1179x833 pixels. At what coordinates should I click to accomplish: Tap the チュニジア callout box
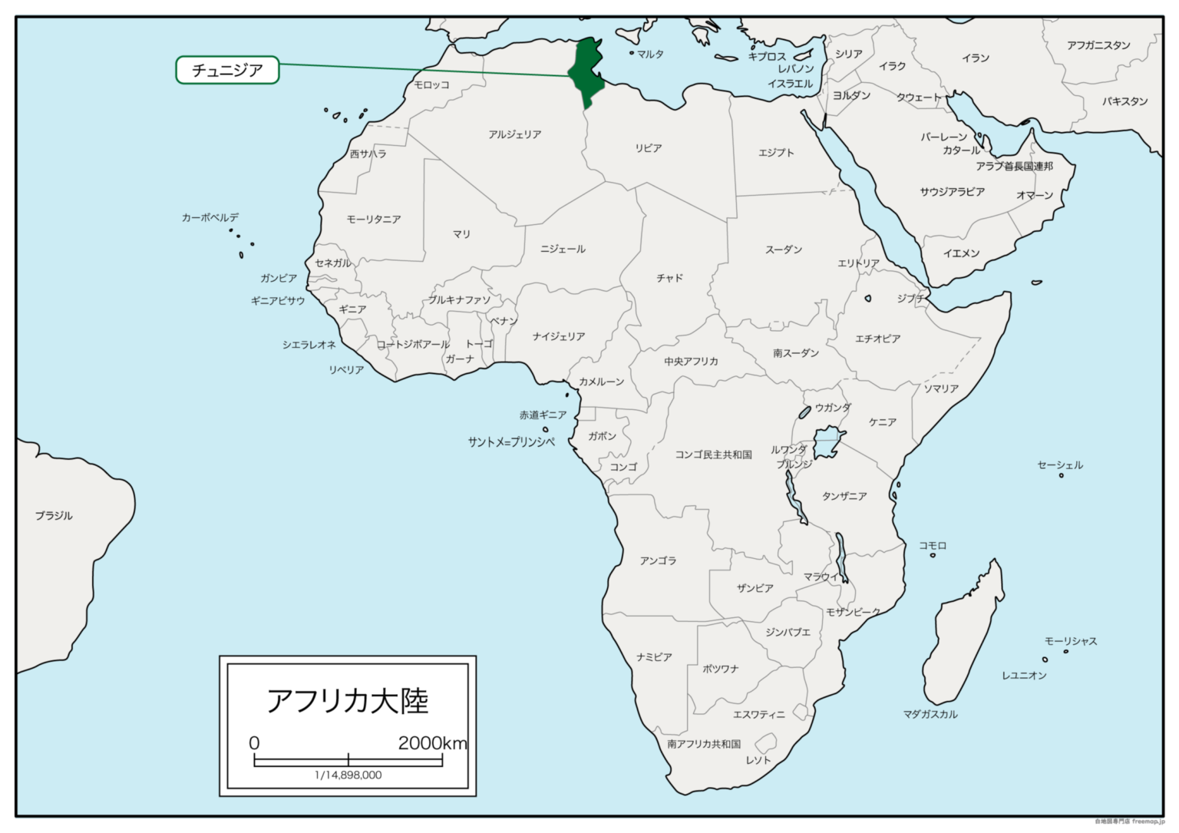(227, 71)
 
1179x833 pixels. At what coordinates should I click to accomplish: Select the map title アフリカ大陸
(347, 700)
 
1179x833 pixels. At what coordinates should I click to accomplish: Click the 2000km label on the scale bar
(432, 742)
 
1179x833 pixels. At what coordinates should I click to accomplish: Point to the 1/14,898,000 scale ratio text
(348, 775)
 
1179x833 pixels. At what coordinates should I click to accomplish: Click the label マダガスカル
(930, 714)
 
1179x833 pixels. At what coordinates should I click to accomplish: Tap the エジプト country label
(776, 152)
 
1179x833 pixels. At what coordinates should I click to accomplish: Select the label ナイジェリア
(559, 336)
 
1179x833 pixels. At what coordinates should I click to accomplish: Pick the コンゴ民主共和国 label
(713, 455)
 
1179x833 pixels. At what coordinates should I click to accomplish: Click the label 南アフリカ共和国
(704, 743)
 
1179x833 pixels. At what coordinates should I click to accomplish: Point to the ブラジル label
(54, 515)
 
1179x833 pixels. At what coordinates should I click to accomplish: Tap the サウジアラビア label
(952, 191)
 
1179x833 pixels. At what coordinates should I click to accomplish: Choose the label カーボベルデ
(210, 217)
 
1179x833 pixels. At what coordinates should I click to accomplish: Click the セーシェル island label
(1060, 464)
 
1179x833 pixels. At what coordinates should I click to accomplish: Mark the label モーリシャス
(1071, 640)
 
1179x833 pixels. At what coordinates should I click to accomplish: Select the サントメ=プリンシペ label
(511, 442)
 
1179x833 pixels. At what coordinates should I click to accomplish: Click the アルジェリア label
(515, 134)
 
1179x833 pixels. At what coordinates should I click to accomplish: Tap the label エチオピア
(878, 338)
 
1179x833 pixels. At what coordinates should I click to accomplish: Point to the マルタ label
(650, 54)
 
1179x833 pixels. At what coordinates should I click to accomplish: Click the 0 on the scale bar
(254, 742)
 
